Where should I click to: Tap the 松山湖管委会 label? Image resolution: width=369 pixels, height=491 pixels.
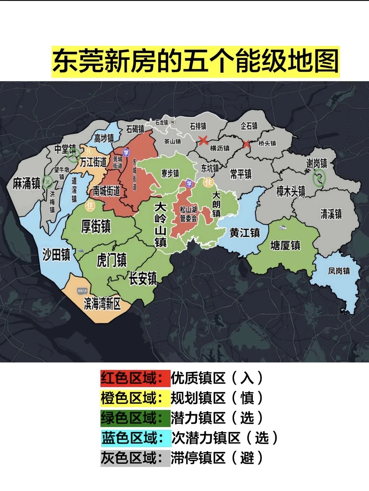pyautogui.click(x=188, y=214)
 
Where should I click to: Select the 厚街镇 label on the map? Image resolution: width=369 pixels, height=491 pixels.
pyautogui.click(x=96, y=226)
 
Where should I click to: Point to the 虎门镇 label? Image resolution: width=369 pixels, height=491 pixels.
pyautogui.click(x=111, y=260)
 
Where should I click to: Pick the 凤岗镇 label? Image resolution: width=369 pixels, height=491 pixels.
pyautogui.click(x=339, y=271)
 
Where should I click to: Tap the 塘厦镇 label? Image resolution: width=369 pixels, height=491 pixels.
pyautogui.click(x=285, y=245)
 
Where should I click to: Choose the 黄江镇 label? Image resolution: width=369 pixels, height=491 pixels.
pyautogui.click(x=245, y=233)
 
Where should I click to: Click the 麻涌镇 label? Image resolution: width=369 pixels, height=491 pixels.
pyautogui.click(x=27, y=183)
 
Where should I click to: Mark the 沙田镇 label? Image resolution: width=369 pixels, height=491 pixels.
pyautogui.click(x=56, y=255)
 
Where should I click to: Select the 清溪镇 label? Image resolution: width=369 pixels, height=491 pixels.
pyautogui.click(x=331, y=214)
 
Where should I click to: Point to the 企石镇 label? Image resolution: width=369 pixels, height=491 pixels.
pyautogui.click(x=249, y=126)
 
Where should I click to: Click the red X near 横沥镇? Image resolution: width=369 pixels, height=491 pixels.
pyautogui.click(x=204, y=140)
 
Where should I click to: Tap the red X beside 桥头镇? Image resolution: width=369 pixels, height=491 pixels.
pyautogui.click(x=246, y=144)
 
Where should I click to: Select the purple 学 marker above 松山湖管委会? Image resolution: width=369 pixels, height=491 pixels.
pyautogui.click(x=189, y=184)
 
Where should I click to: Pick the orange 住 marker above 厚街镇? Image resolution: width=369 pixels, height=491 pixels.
pyautogui.click(x=90, y=206)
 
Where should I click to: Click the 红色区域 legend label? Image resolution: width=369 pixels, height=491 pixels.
pyautogui.click(x=135, y=378)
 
